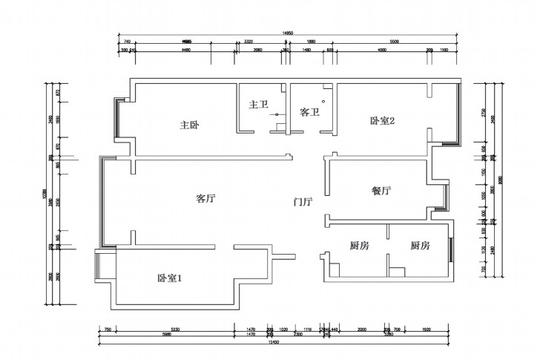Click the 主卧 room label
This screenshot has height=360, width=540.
(188, 125)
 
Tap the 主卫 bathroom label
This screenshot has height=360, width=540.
(257, 105)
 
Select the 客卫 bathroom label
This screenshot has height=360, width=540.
(309, 113)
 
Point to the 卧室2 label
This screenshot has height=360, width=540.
(381, 122)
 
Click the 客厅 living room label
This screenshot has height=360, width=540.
(205, 198)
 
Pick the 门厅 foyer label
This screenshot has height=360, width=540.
(303, 201)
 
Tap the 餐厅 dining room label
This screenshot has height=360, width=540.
(381, 191)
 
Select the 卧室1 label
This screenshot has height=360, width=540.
(170, 278)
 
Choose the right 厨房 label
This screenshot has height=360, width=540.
(420, 246)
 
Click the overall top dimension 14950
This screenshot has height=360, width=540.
(285, 33)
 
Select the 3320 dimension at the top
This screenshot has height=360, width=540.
(248, 42)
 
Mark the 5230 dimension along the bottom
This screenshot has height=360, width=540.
(175, 329)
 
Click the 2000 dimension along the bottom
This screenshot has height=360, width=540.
(362, 329)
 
